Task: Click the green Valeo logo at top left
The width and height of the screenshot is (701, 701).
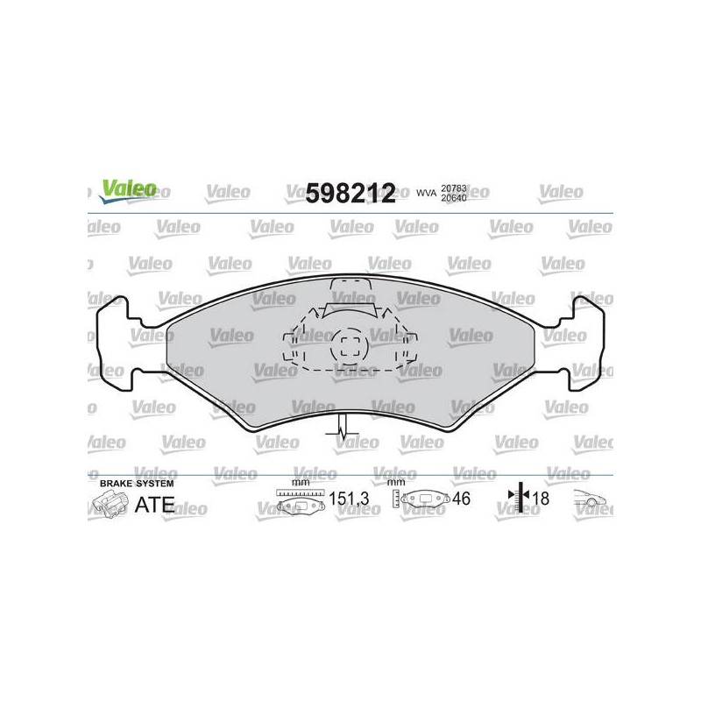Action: [x=128, y=191]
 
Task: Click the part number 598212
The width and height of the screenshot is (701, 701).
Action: [x=350, y=193]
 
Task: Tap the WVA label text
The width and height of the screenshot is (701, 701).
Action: [x=426, y=193]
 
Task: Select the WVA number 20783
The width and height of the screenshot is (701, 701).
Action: [x=453, y=188]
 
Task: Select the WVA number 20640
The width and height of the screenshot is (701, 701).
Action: [x=453, y=198]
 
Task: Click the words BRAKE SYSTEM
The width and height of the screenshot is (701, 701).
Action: [x=137, y=484]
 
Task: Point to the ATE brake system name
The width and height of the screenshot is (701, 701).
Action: [x=154, y=505]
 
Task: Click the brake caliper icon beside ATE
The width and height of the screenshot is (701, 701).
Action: [x=110, y=504]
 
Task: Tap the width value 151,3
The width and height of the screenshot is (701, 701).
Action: [x=349, y=499]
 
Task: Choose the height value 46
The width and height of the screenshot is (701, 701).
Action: [x=461, y=499]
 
